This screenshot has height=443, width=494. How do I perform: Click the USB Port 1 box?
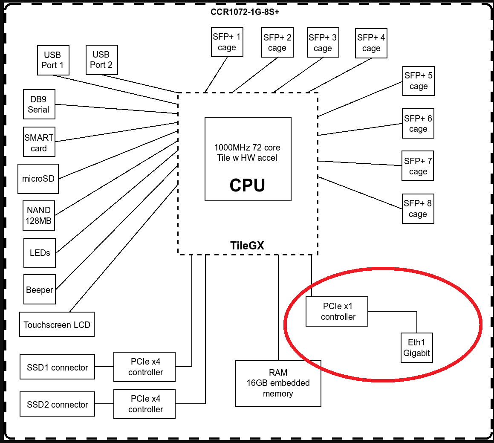(53, 60)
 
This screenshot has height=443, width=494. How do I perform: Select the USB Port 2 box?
(101, 60)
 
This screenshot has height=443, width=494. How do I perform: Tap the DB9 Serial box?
(39, 104)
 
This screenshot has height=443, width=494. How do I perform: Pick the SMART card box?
(39, 143)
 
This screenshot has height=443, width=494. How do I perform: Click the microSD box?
(38, 179)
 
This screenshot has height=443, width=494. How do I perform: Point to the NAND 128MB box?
(39, 216)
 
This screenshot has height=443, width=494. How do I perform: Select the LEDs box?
(40, 253)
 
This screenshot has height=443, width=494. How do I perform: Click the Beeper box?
(40, 290)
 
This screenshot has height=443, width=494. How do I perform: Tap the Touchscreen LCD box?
(57, 324)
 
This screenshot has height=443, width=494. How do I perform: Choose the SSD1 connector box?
(58, 367)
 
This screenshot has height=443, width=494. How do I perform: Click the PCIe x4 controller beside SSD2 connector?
(145, 404)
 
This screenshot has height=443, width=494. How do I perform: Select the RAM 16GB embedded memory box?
(278, 383)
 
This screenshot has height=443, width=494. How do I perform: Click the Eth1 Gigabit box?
(417, 347)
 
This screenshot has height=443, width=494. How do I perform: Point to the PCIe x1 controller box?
(337, 312)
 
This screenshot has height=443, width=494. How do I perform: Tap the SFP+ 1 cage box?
(227, 42)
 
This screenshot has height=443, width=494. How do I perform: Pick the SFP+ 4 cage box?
(371, 43)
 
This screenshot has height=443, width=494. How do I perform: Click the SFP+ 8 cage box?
(418, 208)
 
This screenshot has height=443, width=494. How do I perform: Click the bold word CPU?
(247, 185)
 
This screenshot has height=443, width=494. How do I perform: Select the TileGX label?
(247, 246)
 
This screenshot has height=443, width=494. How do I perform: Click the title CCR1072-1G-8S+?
(245, 12)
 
